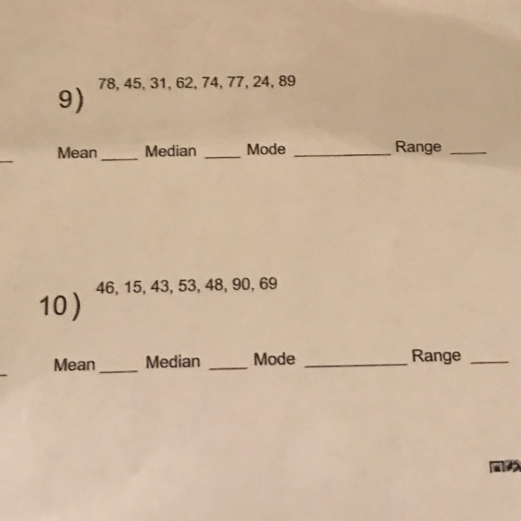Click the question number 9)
click(x=71, y=101)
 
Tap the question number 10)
click(x=59, y=306)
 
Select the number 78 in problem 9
click(x=106, y=84)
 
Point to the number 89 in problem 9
click(x=287, y=81)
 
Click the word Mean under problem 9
click(x=77, y=153)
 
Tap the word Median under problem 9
click(x=171, y=151)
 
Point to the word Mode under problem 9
click(x=266, y=149)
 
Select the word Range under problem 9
click(x=418, y=147)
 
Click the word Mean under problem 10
click(x=74, y=365)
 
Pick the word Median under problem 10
click(x=173, y=362)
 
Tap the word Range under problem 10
click(x=436, y=356)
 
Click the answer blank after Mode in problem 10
click(x=356, y=364)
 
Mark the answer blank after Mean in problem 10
click(x=119, y=370)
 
